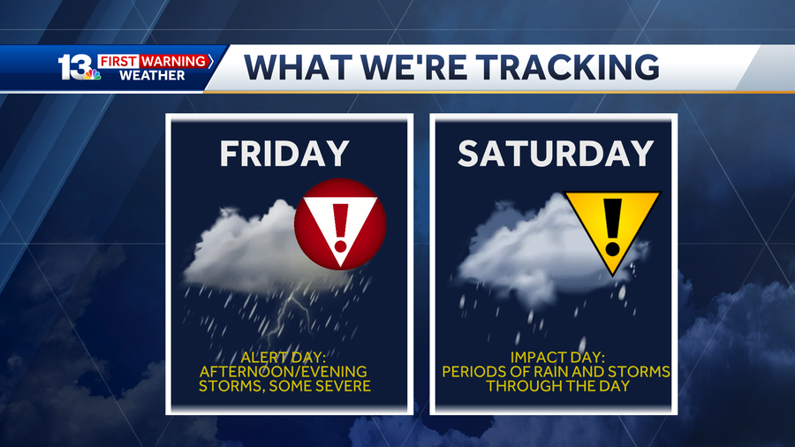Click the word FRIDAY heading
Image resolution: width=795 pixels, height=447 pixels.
(284, 154)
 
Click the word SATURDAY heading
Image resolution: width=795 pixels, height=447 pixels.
(555, 154)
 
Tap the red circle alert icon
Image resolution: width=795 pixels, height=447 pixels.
(340, 224)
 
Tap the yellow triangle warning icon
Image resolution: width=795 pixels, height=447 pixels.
(612, 224)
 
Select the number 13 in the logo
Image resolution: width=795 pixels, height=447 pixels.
(74, 68)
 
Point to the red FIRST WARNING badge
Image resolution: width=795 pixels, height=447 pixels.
(155, 61)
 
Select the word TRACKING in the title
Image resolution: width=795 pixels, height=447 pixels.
(573, 67)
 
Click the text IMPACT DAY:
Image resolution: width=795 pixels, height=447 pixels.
(556, 357)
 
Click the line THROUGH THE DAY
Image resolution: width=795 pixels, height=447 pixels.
(556, 386)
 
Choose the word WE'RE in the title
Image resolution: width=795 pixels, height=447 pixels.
(423, 67)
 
